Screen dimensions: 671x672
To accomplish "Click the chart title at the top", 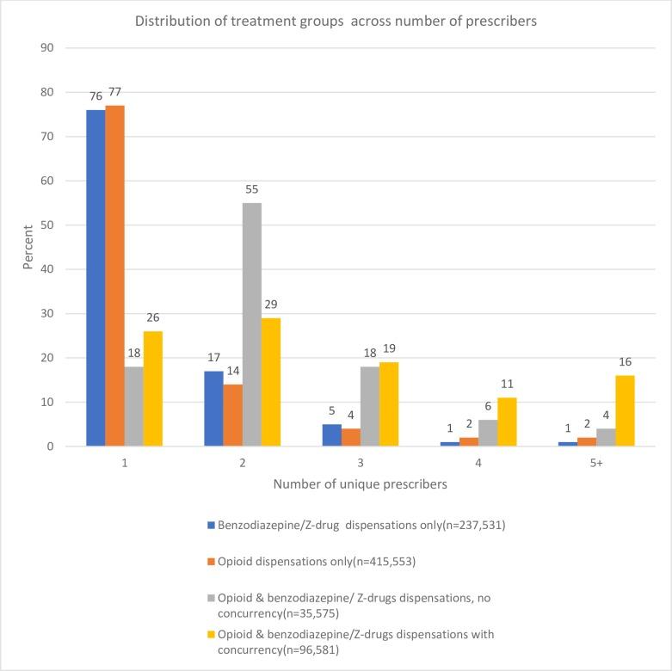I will [x=336, y=22].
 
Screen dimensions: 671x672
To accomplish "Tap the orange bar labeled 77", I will [x=114, y=275].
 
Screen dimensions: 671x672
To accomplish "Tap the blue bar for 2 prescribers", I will [x=213, y=409].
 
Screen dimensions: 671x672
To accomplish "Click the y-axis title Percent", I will [x=28, y=248].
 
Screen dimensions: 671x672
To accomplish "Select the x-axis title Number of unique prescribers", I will [x=361, y=484].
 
